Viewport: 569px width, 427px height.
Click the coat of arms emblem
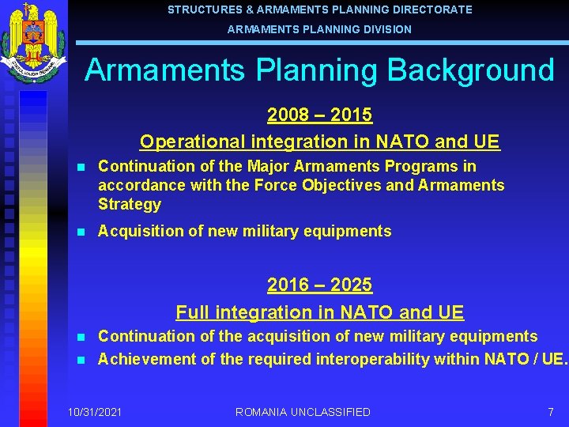pyautogui.click(x=32, y=43)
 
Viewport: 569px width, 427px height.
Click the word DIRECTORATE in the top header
pyautogui.click(x=435, y=9)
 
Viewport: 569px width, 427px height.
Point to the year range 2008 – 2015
pyautogui.click(x=319, y=115)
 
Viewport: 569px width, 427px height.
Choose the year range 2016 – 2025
pyautogui.click(x=319, y=285)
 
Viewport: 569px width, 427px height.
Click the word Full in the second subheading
pyautogui.click(x=192, y=312)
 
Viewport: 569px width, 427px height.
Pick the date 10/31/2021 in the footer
pyautogui.click(x=95, y=412)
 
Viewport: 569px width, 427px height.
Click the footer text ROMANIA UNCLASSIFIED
pyautogui.click(x=303, y=412)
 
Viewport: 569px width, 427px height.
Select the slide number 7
pyautogui.click(x=550, y=412)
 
